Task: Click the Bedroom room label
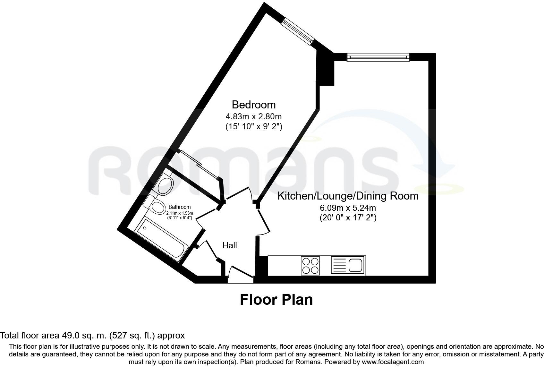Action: (253, 105)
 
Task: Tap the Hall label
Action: (230, 245)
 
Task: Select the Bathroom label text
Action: (180, 207)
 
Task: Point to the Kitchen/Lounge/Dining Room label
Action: (348, 196)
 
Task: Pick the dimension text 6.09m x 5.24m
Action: (348, 208)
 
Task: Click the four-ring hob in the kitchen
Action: (310, 266)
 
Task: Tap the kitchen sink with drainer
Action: (348, 266)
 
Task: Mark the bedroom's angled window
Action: (297, 31)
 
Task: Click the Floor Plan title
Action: (276, 300)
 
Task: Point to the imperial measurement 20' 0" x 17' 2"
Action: (348, 218)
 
